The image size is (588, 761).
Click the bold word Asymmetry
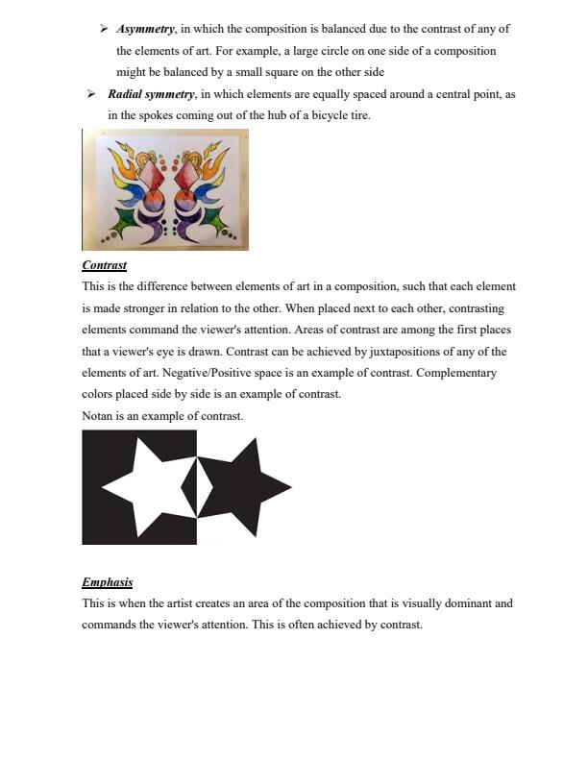(145, 29)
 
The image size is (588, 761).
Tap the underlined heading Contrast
(104, 265)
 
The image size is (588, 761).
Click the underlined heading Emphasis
(107, 582)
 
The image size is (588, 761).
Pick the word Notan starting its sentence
(97, 416)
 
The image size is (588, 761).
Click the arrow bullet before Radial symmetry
(90, 94)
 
